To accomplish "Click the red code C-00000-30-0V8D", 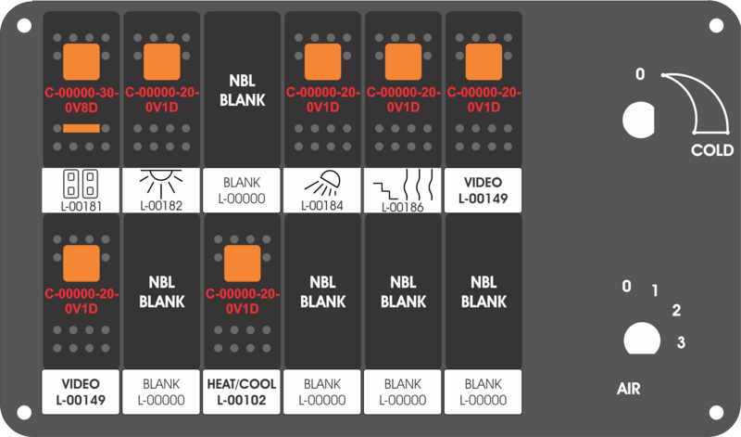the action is [82, 100].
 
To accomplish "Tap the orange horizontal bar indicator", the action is [82, 128].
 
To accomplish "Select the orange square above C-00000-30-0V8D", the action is [82, 61].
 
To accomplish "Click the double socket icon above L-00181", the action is [81, 184].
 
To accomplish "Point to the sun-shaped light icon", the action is [161, 183].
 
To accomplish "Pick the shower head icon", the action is [321, 183].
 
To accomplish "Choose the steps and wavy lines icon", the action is [403, 186].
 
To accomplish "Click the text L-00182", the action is [161, 205].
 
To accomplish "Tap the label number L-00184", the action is [321, 205].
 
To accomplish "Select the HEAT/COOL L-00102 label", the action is [242, 392].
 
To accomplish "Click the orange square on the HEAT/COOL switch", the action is [242, 263].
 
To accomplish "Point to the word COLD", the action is [712, 150].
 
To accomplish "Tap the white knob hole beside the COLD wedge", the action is [638, 120].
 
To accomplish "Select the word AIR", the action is [629, 389].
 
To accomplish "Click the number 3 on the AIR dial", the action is [681, 341].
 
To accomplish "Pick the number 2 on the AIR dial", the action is [676, 311].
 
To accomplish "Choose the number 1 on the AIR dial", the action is [655, 290].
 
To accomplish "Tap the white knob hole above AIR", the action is [642, 339].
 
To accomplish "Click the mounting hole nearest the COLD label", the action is [716, 26].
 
